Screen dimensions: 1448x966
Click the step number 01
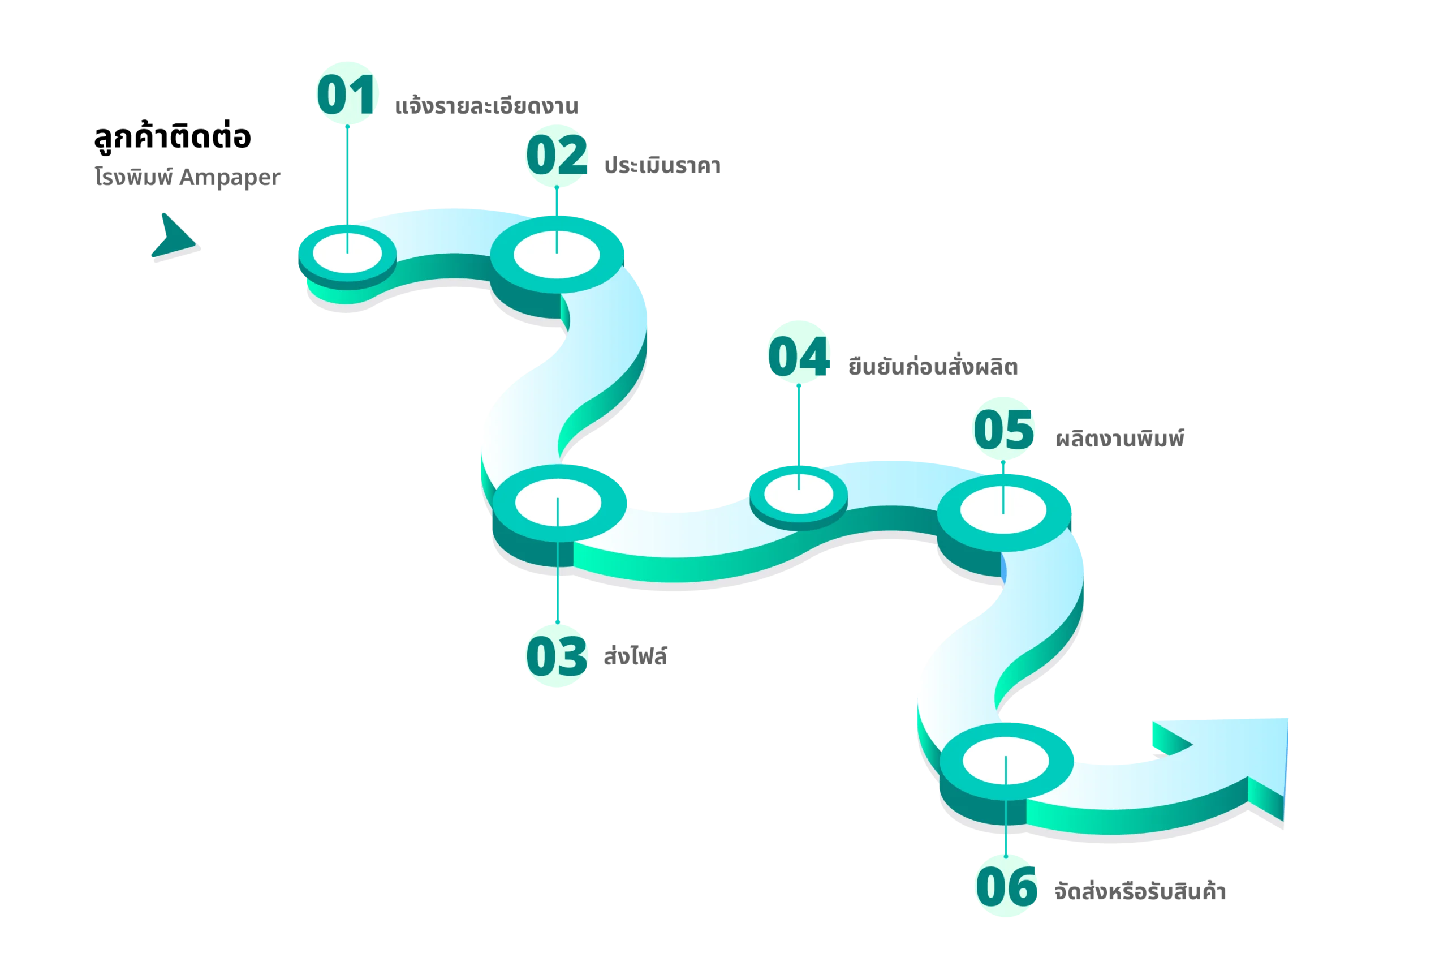[346, 95]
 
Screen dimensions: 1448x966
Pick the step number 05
[1003, 430]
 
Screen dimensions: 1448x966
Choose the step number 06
[1006, 887]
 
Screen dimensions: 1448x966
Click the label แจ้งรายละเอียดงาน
[486, 106]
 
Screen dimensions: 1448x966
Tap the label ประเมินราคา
[662, 165]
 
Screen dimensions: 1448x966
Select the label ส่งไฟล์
[635, 655]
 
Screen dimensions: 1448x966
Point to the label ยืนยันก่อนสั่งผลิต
[933, 366]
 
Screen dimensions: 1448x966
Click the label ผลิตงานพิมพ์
[1119, 438]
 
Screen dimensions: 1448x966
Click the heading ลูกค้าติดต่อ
[173, 136]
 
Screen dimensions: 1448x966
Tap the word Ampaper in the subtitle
[230, 178]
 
